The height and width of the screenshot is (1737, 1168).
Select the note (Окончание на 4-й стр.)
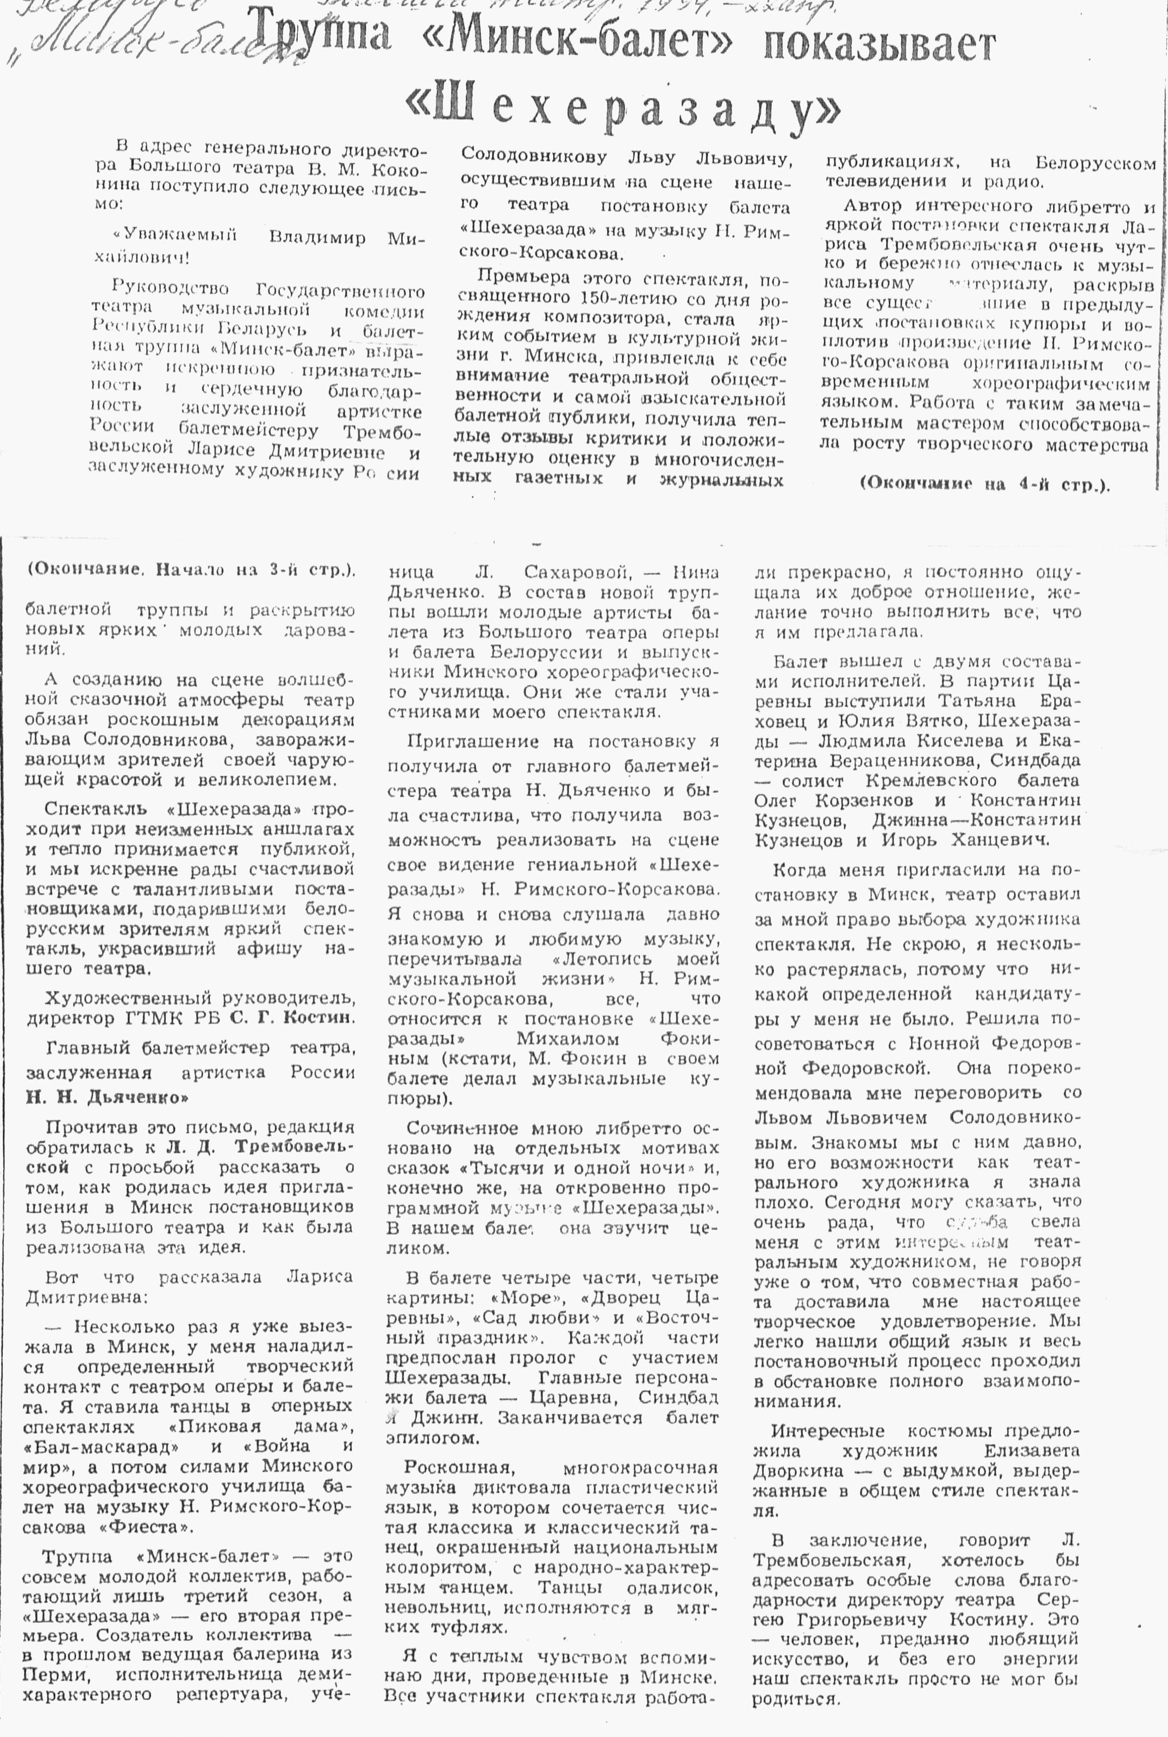point(984,483)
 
